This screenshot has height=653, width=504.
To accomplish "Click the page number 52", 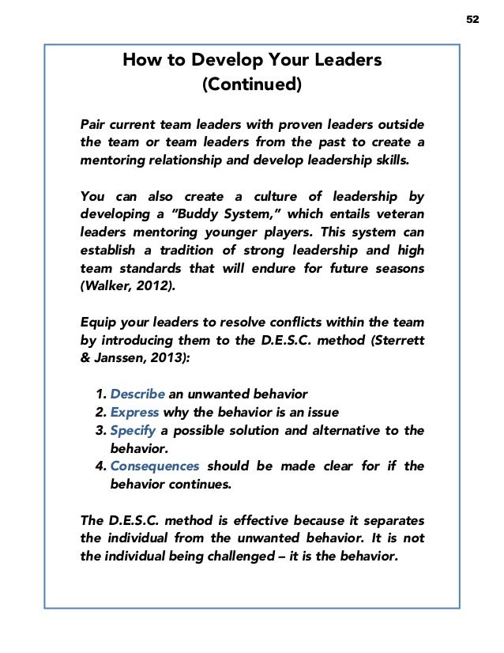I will tap(472, 20).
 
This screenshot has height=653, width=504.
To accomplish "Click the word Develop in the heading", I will tap(213, 61).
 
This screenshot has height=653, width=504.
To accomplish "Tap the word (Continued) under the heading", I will tap(252, 83).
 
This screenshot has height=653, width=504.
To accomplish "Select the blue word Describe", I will tap(136, 393).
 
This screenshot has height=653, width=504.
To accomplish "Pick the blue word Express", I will tap(134, 411).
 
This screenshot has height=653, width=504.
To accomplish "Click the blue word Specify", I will tap(133, 430).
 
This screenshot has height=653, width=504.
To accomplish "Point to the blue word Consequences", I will tap(154, 466).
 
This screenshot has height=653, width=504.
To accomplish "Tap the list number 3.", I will tap(99, 430).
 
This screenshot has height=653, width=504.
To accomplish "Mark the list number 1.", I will tap(99, 393).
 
